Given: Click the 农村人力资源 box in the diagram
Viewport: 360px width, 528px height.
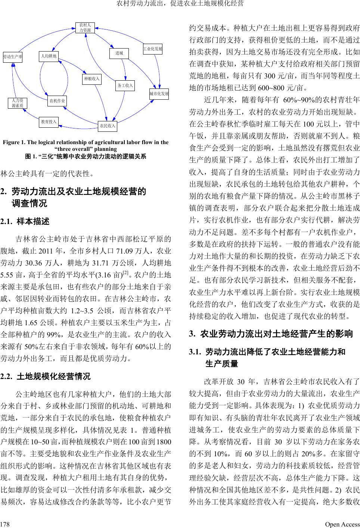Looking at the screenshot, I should (x=85, y=28).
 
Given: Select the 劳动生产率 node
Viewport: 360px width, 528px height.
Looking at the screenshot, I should (x=13, y=57).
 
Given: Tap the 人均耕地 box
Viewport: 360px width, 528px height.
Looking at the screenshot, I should (x=49, y=56).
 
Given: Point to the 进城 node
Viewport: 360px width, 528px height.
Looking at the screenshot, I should (x=119, y=53).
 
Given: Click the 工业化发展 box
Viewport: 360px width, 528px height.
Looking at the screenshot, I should (x=153, y=49).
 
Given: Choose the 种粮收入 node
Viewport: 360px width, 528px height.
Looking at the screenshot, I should (x=92, y=79).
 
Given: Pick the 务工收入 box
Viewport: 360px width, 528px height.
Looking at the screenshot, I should (x=125, y=86).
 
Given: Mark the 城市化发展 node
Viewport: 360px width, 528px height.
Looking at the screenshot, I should (x=159, y=93).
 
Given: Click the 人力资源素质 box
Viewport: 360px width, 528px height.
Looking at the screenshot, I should (x=18, y=103).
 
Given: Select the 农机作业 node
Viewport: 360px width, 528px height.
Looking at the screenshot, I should (x=57, y=100).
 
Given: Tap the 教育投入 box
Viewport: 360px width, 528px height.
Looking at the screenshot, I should (x=49, y=122).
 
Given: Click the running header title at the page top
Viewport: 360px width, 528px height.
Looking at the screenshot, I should (x=180, y=4).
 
